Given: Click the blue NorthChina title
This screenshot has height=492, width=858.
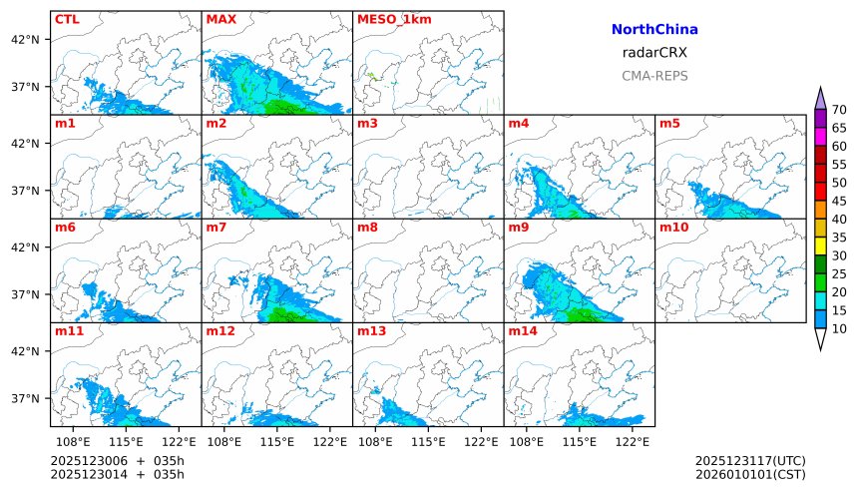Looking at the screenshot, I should coord(653,31).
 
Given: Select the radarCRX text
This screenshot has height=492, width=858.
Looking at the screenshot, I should coord(653,53).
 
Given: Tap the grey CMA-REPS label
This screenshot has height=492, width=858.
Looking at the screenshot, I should coord(653,75).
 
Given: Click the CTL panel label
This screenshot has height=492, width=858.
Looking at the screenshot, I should coord(67,19).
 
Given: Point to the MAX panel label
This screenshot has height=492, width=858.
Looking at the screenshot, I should coord(220,19).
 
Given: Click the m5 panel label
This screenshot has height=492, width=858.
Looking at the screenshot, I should coord(669,124).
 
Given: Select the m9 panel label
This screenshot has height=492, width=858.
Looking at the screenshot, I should coord(518,228).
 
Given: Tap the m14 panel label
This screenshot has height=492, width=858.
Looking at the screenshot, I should coord(522,330).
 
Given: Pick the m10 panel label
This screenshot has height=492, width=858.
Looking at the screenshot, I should coord(673,228).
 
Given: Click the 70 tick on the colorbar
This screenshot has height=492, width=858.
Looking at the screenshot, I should coord(839,110).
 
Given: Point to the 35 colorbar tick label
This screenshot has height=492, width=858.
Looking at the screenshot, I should coord(839,238).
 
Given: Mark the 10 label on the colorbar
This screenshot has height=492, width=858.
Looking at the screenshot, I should coord(839,328).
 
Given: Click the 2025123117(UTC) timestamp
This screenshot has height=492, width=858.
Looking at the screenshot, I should coord(750,460).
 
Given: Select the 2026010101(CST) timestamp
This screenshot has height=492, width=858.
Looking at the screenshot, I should coord(750,474).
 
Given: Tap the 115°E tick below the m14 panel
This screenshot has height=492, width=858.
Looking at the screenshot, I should coord(580,441).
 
